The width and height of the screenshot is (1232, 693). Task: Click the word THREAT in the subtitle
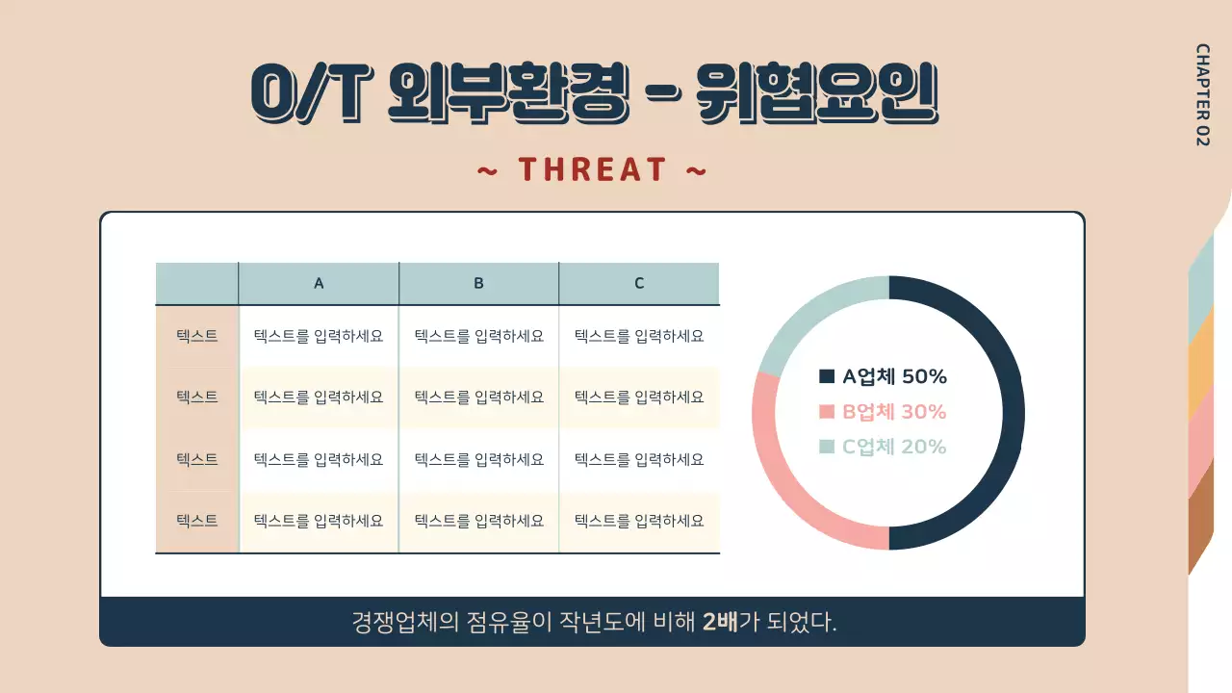click(592, 170)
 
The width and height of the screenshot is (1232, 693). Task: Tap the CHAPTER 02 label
click(1202, 94)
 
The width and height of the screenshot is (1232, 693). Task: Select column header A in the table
click(319, 283)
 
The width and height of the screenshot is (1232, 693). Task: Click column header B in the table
click(478, 283)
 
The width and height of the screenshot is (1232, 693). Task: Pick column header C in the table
click(639, 283)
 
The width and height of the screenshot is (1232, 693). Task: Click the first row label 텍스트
click(197, 336)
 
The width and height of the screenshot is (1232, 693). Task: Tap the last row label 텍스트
click(197, 521)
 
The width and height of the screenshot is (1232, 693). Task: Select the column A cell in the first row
click(319, 336)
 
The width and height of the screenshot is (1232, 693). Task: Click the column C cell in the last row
click(639, 521)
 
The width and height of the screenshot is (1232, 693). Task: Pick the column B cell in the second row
click(478, 397)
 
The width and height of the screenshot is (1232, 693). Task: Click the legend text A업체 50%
click(894, 376)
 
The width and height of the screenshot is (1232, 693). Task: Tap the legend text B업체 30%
click(894, 411)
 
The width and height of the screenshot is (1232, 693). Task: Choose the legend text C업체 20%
click(894, 446)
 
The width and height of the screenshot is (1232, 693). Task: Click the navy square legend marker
click(827, 376)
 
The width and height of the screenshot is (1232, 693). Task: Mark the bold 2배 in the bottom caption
click(720, 622)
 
